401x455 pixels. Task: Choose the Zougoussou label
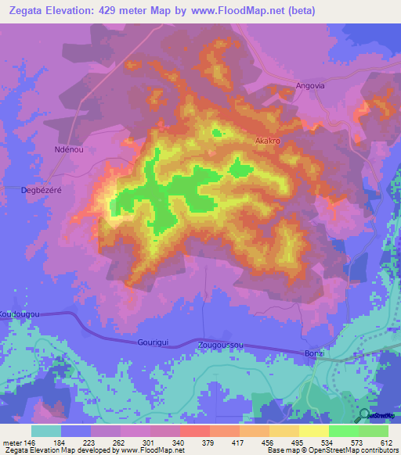(222, 343)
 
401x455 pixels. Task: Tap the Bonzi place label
(313, 354)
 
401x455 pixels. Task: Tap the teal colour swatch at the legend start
(46, 431)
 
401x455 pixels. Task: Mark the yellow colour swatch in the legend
(314, 431)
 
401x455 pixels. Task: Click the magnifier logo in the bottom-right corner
(364, 415)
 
